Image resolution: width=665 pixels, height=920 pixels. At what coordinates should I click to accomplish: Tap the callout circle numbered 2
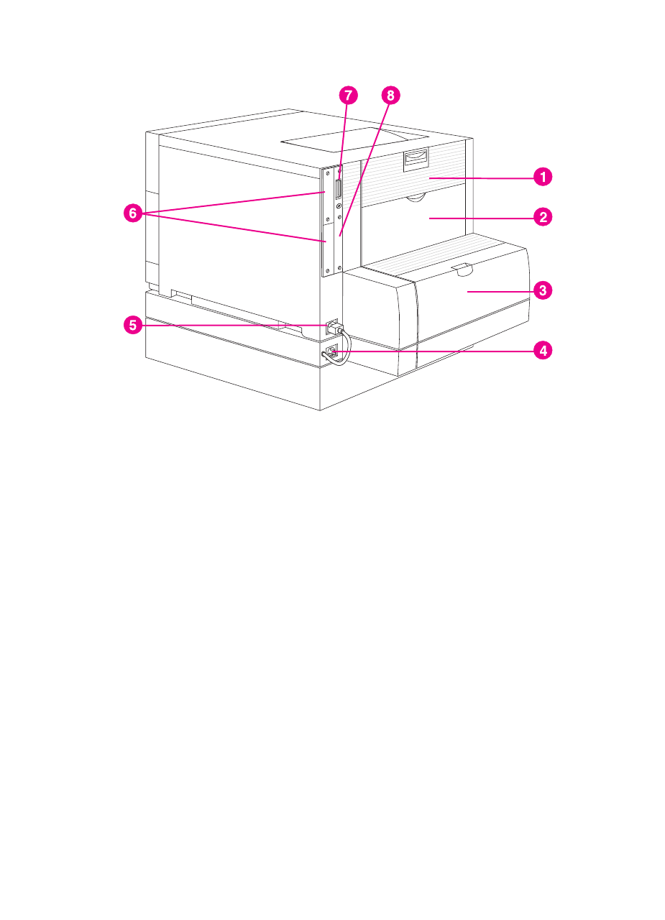[544, 216]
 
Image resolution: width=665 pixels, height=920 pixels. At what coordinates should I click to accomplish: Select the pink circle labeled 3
[544, 291]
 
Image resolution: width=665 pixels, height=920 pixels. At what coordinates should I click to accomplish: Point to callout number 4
[544, 351]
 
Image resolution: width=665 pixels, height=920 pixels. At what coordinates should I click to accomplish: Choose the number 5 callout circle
[132, 325]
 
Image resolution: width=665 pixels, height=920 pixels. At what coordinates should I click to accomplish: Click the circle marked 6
[132, 214]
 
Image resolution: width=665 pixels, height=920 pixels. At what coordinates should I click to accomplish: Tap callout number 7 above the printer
[348, 95]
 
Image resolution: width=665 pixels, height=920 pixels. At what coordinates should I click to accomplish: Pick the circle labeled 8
[390, 95]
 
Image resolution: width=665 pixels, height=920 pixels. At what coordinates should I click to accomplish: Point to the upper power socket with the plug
[331, 326]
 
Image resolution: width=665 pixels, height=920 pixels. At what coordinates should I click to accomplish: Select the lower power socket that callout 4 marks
[331, 352]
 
